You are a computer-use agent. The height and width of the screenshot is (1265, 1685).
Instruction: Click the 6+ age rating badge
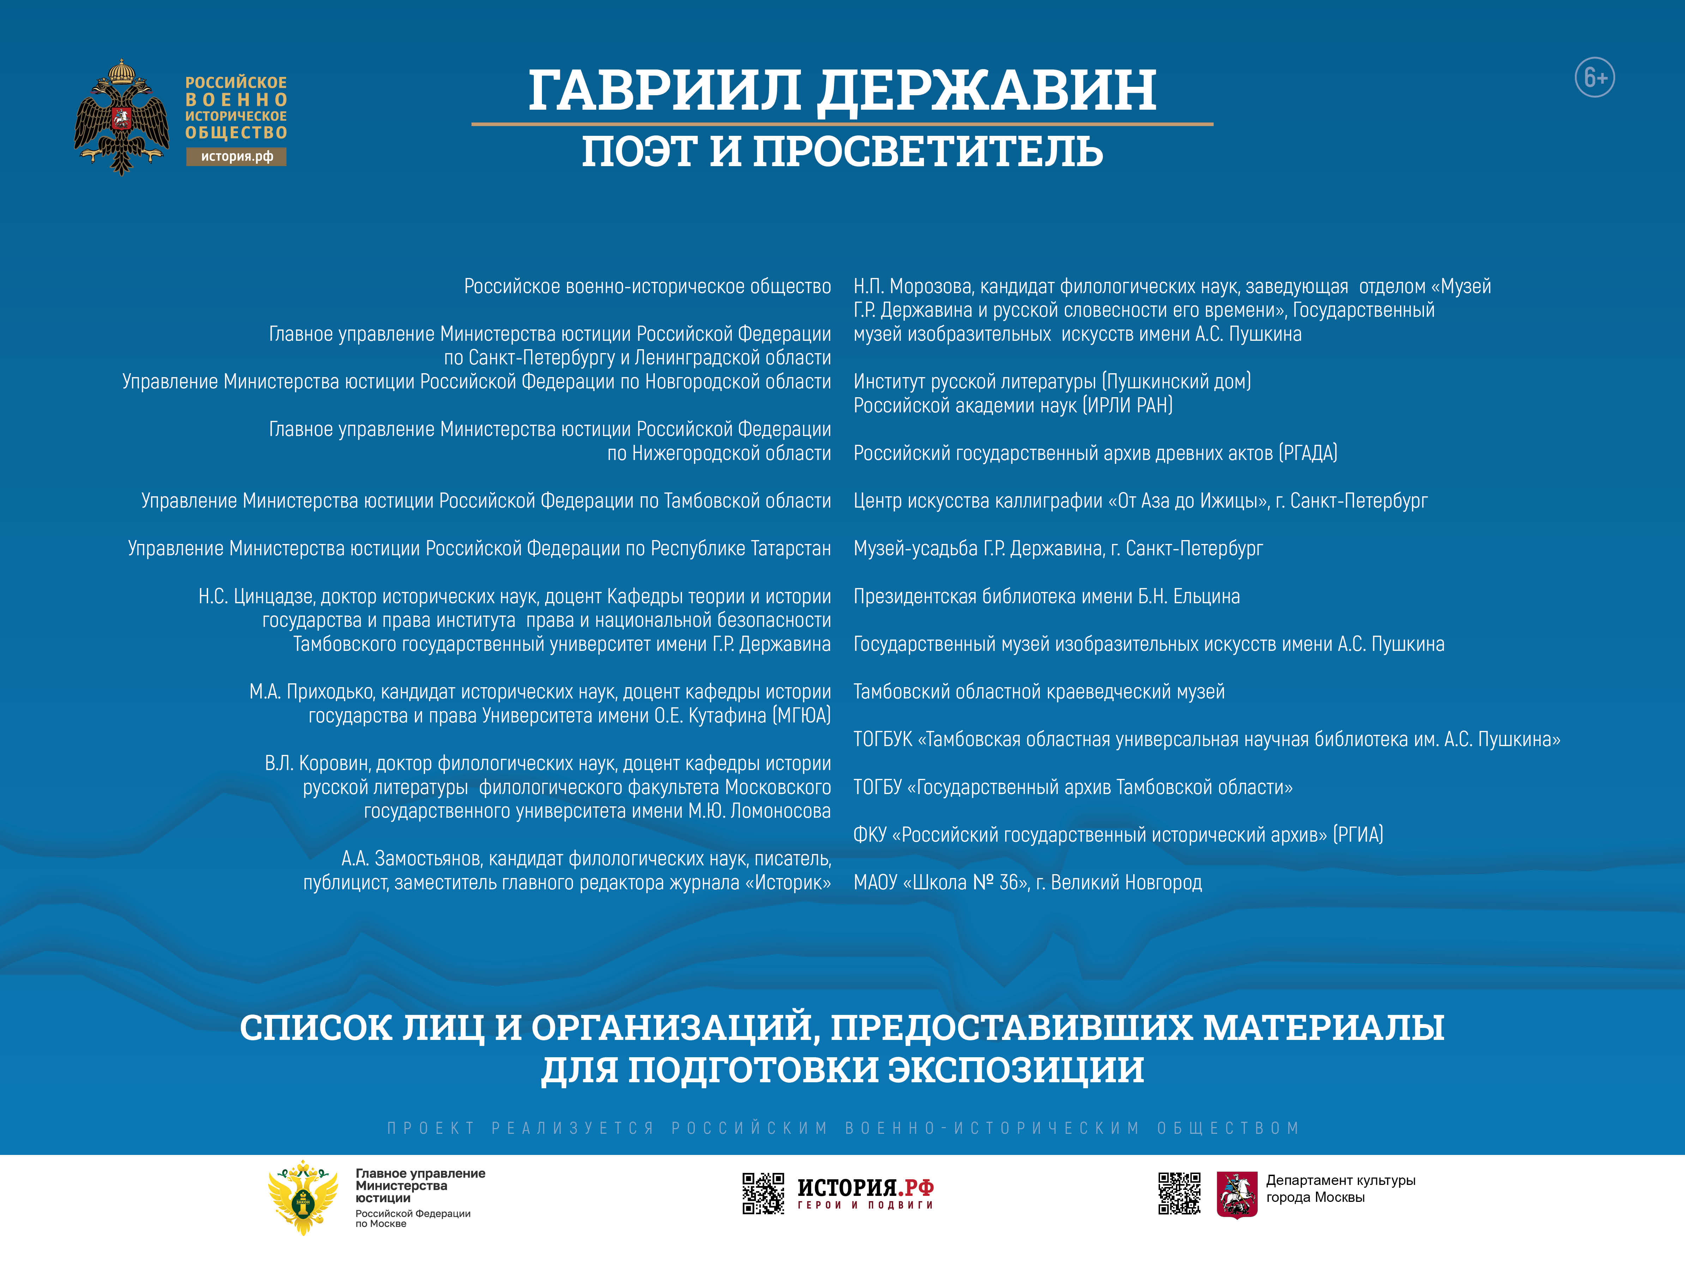(1594, 77)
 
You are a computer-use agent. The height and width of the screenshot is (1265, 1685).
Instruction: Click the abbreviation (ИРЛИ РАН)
(1128, 405)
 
